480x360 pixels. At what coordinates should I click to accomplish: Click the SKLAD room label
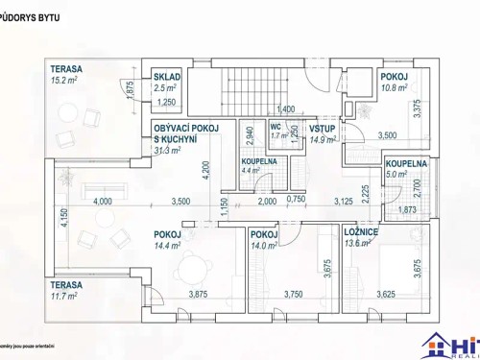point(167,77)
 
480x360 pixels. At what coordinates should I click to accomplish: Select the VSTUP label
point(321,128)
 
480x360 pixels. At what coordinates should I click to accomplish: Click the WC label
point(275,127)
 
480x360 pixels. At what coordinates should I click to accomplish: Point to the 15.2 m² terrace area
point(66,82)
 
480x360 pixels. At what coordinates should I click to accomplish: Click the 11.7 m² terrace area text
point(66,296)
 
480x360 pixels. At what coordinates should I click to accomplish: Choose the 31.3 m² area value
point(168,150)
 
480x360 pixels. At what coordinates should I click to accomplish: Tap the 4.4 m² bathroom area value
point(252,171)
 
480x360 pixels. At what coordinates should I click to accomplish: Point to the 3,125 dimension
point(344,202)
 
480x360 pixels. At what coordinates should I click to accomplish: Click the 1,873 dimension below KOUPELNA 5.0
point(406,209)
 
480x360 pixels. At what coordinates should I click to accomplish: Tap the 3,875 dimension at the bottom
point(200,294)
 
